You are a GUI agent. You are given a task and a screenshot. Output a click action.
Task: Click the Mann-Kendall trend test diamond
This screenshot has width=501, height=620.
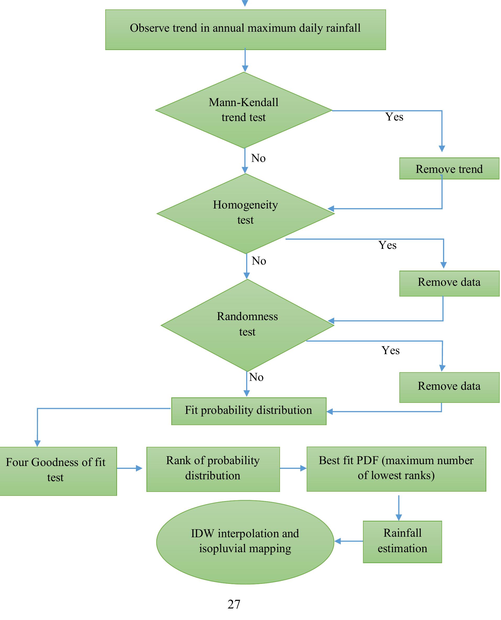(x=244, y=110)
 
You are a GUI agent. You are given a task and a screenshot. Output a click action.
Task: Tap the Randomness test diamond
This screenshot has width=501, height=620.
(x=247, y=325)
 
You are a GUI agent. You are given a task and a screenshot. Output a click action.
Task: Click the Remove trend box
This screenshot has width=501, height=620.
(x=449, y=169)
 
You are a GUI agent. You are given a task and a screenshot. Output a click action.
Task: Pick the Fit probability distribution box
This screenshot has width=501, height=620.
(x=249, y=411)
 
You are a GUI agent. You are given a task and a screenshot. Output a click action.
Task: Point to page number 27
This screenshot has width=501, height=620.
(x=234, y=604)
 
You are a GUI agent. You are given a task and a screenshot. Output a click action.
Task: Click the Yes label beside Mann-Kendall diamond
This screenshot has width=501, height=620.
(x=394, y=117)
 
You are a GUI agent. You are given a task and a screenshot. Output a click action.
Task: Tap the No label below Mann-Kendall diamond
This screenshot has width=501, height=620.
(x=258, y=158)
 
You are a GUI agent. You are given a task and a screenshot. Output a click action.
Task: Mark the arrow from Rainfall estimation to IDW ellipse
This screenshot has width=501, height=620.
(x=349, y=541)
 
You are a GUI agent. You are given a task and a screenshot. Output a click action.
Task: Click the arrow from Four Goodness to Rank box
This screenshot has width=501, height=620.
(x=130, y=468)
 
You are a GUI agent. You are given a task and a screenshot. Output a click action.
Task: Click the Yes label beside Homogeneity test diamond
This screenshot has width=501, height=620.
(x=388, y=245)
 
